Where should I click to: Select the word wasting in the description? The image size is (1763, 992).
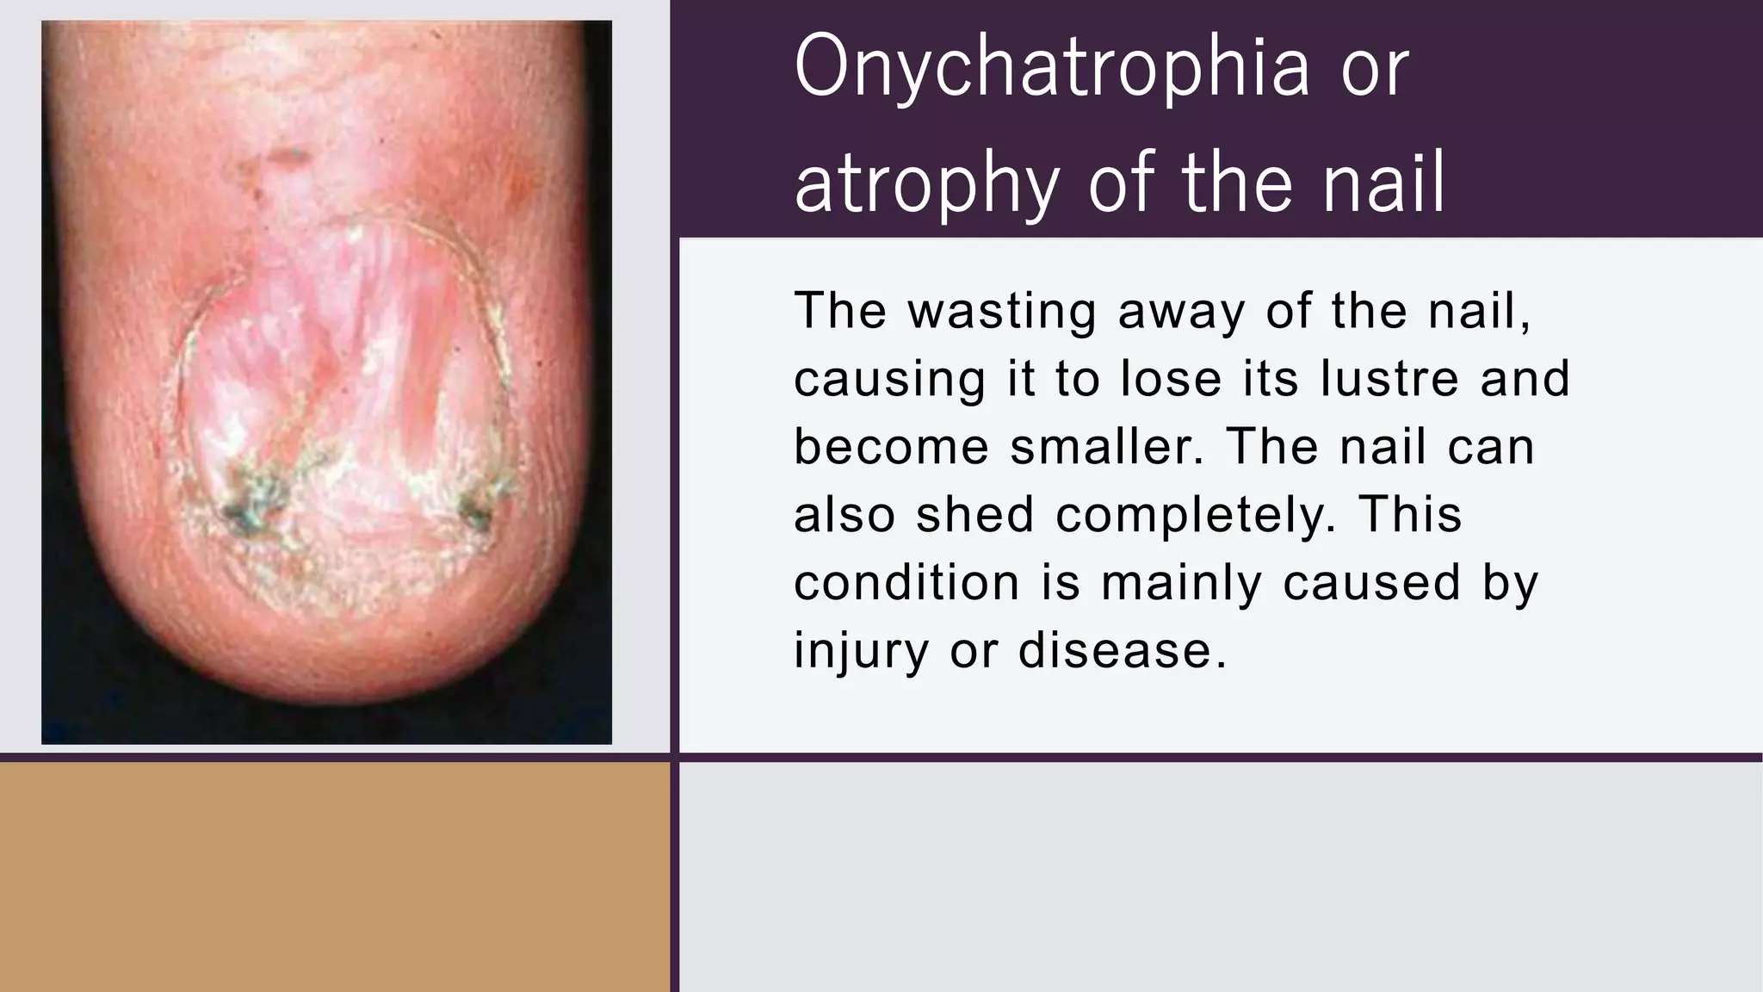point(1002,312)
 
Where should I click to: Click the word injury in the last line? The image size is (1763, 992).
point(860,651)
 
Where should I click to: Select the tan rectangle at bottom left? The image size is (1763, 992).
point(334,877)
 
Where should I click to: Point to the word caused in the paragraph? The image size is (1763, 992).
point(1371,583)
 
